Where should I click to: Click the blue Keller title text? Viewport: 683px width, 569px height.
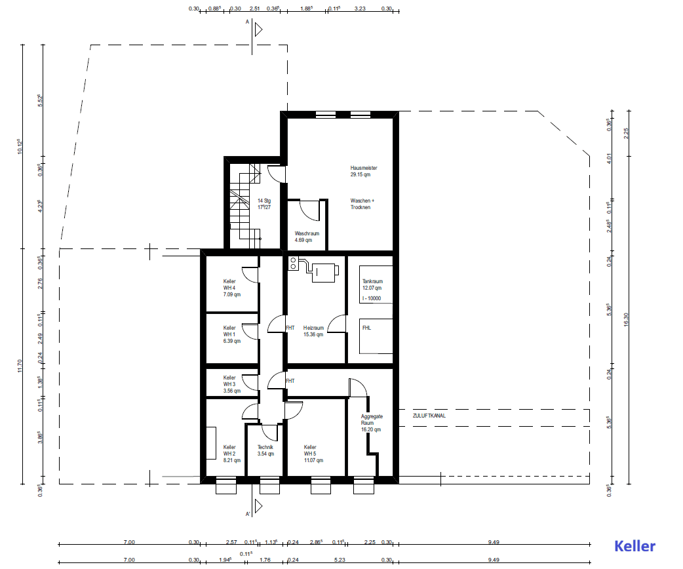coord(634,545)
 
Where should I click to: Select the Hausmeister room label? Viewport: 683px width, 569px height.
coord(364,172)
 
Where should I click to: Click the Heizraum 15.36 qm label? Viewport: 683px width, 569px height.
coord(313,331)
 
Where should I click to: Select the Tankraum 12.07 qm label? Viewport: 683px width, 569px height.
coord(372,284)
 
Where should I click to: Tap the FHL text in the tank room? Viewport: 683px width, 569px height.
coord(366,328)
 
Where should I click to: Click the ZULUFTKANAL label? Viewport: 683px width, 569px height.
coord(429,416)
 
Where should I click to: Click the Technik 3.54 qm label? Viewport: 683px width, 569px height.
coord(265,450)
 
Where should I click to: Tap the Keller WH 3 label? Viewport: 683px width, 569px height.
coord(230,384)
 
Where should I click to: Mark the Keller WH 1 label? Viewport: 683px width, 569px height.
coord(230,334)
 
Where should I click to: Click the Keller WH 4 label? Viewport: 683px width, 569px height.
coord(230,288)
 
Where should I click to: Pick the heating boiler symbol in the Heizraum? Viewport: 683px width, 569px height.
coord(324,272)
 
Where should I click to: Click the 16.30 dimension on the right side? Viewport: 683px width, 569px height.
coord(626,319)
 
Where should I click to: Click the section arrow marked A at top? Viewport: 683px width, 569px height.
coord(258,29)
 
